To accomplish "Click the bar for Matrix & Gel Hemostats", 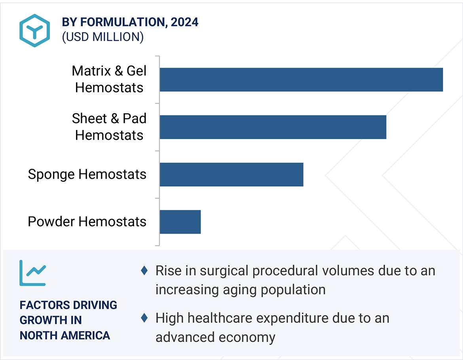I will click(301, 80).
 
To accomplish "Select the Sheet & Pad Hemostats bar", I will click(273, 127).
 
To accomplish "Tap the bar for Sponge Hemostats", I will click(231, 174).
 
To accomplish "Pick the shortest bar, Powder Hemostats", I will click(180, 222).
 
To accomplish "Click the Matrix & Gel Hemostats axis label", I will click(109, 79).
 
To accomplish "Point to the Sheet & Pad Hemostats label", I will click(109, 127).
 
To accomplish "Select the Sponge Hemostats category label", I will click(87, 174).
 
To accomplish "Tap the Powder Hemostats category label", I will click(87, 221).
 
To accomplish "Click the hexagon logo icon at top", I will click(35, 30).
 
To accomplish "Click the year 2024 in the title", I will click(184, 22).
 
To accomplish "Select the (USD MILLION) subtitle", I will click(102, 37).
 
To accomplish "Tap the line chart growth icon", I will click(32, 273).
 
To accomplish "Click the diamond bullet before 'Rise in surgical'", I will click(144, 271).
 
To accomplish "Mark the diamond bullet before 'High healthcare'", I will click(144, 318).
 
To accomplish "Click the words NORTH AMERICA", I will click(65, 335).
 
